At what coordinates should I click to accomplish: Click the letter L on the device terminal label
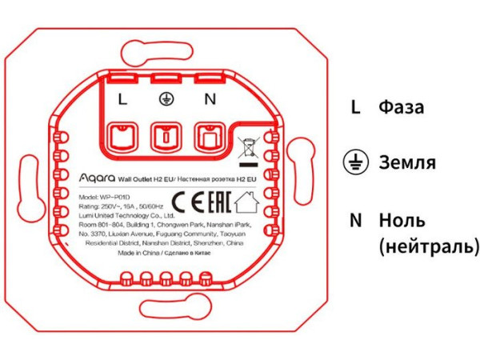pyautogui.click(x=122, y=100)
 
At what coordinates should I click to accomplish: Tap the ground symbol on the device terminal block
pyautogui.click(x=166, y=99)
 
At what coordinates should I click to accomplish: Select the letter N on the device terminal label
pyautogui.click(x=210, y=100)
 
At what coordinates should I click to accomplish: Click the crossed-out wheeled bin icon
pyautogui.click(x=250, y=148)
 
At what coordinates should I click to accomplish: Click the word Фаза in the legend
pyautogui.click(x=402, y=107)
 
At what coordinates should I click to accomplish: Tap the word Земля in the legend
pyautogui.click(x=408, y=163)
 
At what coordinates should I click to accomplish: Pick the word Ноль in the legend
pyautogui.click(x=402, y=220)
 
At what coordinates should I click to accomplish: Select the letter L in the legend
pyautogui.click(x=355, y=107)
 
